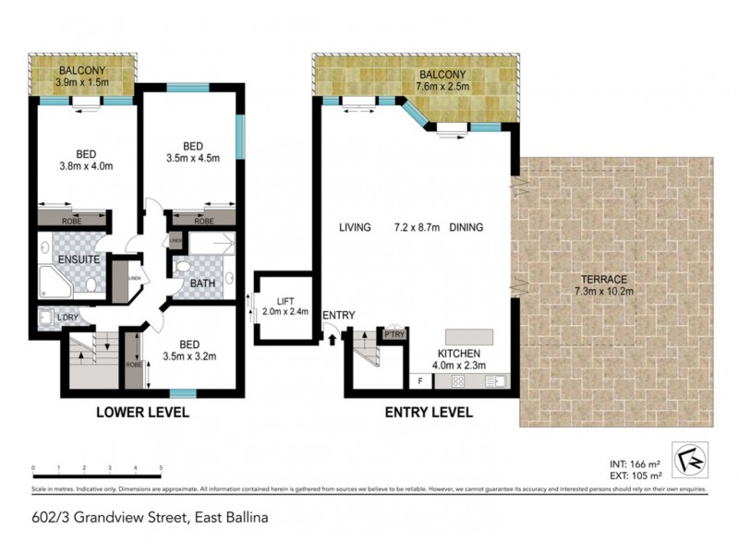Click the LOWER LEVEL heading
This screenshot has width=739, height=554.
point(143,412)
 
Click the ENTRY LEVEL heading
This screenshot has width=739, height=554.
point(428,412)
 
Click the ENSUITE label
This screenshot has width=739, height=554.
point(78,260)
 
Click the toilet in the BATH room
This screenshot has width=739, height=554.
point(182,268)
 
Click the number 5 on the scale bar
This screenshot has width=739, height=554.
point(161,468)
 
